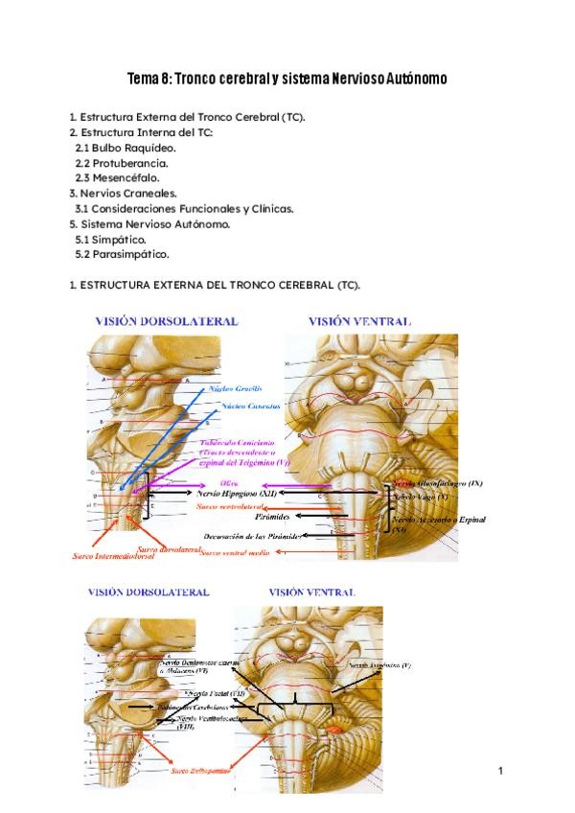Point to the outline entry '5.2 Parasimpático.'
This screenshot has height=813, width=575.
122,254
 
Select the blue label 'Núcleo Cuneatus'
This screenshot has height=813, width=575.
250,406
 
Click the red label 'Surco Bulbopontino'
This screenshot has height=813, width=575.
200,769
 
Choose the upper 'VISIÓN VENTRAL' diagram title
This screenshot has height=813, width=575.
359,321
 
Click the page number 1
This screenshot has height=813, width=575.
501,771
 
